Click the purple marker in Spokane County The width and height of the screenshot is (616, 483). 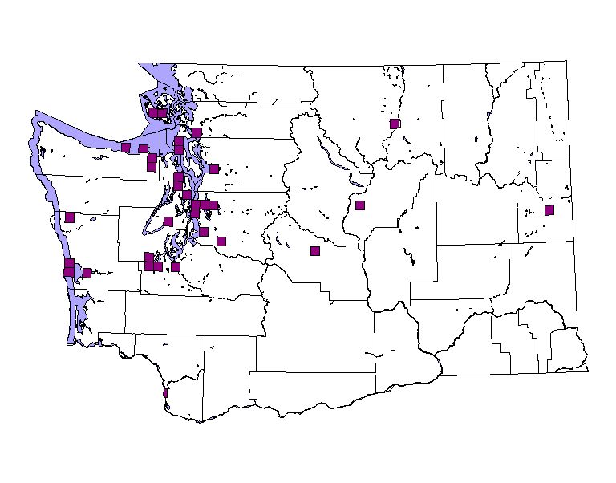coord(549,210)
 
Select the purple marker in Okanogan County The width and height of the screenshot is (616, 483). coord(395,124)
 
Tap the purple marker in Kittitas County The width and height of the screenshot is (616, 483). coord(315,251)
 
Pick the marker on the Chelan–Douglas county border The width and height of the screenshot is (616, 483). coord(360,205)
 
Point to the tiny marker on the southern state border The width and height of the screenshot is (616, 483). coord(165,394)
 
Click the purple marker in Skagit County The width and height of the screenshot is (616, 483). coord(197,132)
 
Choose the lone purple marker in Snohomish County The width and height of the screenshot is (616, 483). coord(214,168)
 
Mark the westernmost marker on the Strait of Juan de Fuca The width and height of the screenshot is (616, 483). coord(126,147)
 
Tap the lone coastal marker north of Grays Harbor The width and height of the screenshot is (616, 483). coord(70,217)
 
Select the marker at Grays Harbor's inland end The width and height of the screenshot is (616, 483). coord(87,273)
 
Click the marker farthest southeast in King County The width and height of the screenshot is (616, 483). coord(221,241)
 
